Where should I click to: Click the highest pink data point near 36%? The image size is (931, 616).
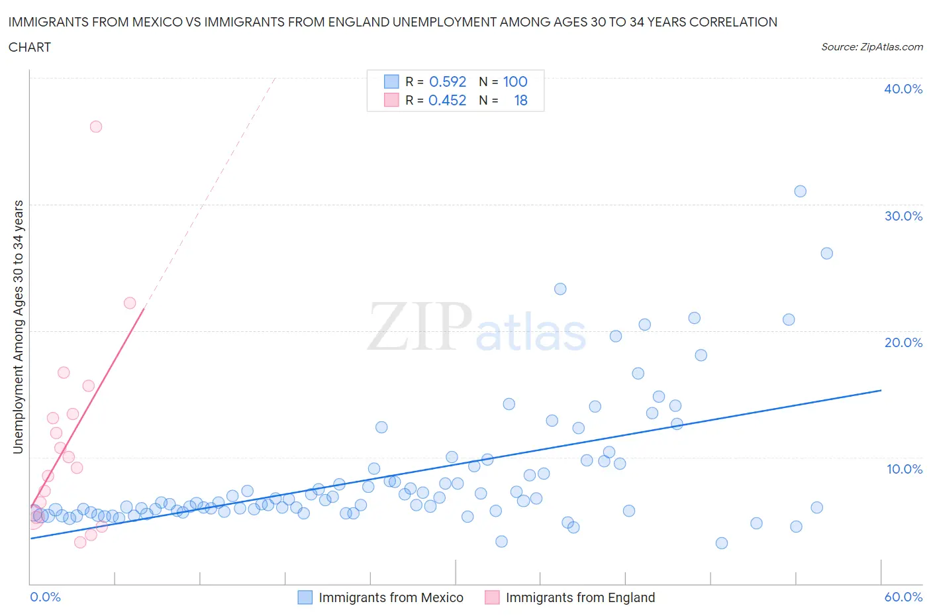tap(96, 127)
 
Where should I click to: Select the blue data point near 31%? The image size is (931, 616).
tap(800, 191)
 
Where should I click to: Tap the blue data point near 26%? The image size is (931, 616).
tap(826, 253)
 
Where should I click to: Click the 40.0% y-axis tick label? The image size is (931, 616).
tap(903, 89)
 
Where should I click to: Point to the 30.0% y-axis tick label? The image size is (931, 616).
tap(903, 216)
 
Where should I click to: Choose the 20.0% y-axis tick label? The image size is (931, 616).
tap(903, 342)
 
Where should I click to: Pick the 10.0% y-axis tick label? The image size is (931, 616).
tap(905, 469)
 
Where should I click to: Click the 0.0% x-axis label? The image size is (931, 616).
tap(45, 597)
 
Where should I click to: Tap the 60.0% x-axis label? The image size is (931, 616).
tap(903, 597)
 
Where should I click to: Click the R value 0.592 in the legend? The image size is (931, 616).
tap(448, 81)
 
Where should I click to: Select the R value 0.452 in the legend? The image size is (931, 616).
tap(447, 100)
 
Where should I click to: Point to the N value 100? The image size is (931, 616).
tap(515, 81)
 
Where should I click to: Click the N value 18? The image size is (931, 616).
tap(521, 100)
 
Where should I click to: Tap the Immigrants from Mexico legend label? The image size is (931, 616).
tap(391, 597)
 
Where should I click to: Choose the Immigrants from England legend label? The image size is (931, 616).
tap(580, 597)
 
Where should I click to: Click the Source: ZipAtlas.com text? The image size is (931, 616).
tap(872, 47)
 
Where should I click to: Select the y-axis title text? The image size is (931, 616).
tap(19, 327)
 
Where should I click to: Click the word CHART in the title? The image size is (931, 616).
tap(30, 47)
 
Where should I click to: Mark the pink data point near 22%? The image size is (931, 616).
tap(130, 303)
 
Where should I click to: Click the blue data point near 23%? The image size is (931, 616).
tap(560, 289)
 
